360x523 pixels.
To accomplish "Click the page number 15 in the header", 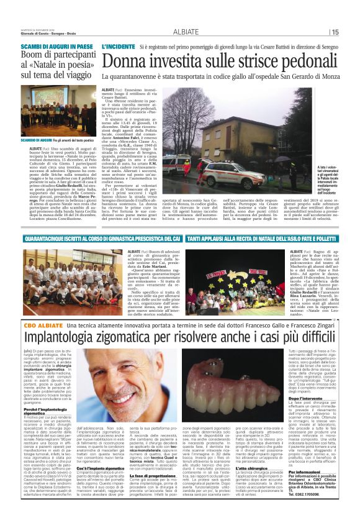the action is point(335,32).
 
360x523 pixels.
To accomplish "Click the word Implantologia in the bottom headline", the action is point(63,337).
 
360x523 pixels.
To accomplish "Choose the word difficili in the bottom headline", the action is point(305,337).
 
